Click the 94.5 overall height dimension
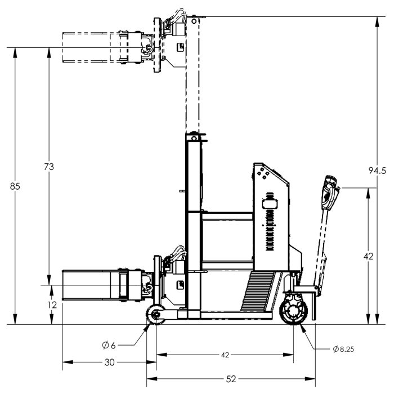tap(377, 171)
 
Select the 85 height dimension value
tap(15, 186)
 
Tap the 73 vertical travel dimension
tap(49, 167)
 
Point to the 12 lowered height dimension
tap(52, 305)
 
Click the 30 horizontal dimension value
tap(109, 362)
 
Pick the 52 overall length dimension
tap(231, 379)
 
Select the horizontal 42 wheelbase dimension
tap(225, 355)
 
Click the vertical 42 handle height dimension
tap(368, 256)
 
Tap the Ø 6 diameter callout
tap(109, 345)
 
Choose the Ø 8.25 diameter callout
tap(343, 349)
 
